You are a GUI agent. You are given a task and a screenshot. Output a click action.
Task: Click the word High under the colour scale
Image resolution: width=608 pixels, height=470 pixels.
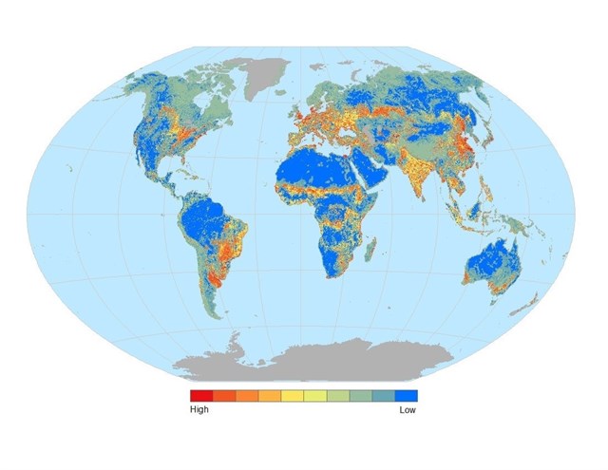click(x=199, y=410)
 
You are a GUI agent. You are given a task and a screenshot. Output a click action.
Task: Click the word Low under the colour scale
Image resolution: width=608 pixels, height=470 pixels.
click(x=408, y=410)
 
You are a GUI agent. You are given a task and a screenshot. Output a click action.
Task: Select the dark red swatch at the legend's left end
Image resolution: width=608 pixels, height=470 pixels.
click(x=201, y=396)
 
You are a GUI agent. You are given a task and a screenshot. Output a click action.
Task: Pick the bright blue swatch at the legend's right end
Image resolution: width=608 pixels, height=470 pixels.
click(x=407, y=396)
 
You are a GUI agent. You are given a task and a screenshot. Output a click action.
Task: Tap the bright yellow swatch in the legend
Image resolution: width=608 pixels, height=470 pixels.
click(x=293, y=396)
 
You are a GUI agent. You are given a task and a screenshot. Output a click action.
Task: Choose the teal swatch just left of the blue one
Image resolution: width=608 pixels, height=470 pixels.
click(x=384, y=396)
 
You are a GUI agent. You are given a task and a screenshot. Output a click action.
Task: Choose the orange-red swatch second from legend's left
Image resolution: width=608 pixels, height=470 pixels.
click(x=224, y=396)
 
